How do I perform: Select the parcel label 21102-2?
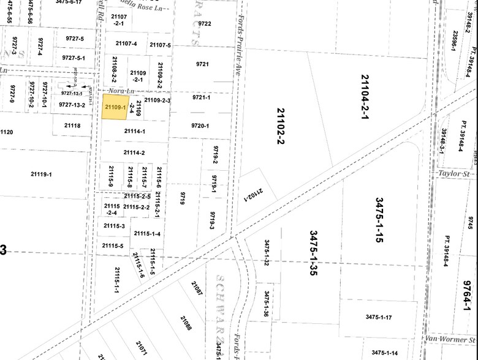click(281, 126)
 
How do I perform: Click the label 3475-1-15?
click(380, 220)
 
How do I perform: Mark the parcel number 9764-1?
click(468, 293)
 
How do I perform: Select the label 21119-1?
click(42, 174)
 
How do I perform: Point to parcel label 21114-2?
click(134, 152)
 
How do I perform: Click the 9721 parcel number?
click(202, 64)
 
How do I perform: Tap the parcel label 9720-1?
click(200, 126)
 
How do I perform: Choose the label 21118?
click(72, 126)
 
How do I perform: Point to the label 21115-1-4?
click(147, 234)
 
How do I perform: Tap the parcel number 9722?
click(205, 23)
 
